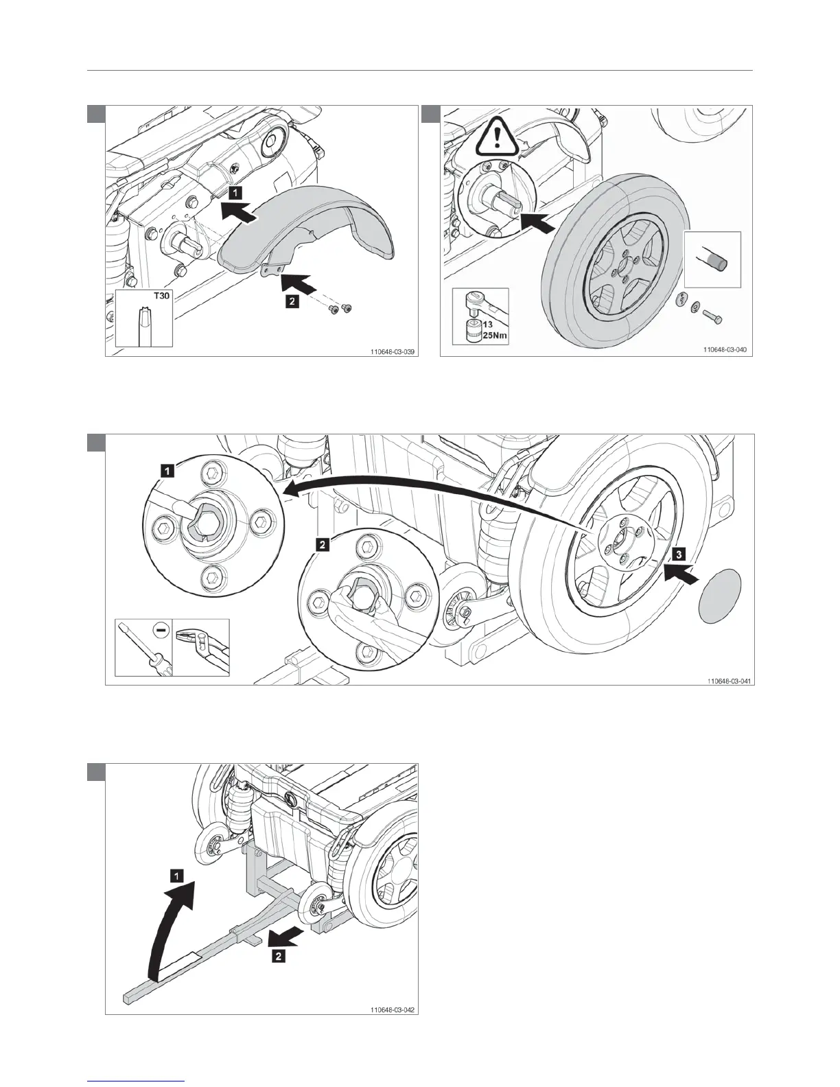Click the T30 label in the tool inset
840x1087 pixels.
[159, 298]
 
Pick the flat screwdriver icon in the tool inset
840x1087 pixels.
[143, 648]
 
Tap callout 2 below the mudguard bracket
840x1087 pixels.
[292, 303]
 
